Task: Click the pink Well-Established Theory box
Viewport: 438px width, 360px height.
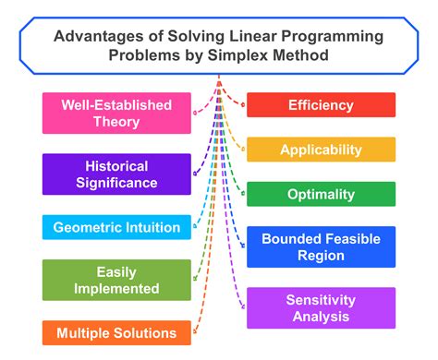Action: [116, 112]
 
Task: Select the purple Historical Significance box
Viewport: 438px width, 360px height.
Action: [116, 174]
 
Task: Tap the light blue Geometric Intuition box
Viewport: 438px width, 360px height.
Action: [116, 226]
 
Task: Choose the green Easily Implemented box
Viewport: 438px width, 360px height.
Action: [116, 281]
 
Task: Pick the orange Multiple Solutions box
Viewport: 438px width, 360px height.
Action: [116, 332]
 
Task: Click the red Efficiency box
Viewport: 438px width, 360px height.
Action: [321, 104]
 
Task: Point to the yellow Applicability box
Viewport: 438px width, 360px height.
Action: [321, 150]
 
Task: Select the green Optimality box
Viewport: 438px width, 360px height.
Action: [321, 194]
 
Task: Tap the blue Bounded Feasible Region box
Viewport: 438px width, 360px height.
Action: [321, 247]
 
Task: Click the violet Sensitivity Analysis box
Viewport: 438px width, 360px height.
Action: [321, 307]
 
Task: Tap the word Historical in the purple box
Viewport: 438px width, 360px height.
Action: [116, 166]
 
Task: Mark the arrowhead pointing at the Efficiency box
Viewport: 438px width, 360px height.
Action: [241, 103]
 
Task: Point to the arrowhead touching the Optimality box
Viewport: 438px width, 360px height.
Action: [241, 193]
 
